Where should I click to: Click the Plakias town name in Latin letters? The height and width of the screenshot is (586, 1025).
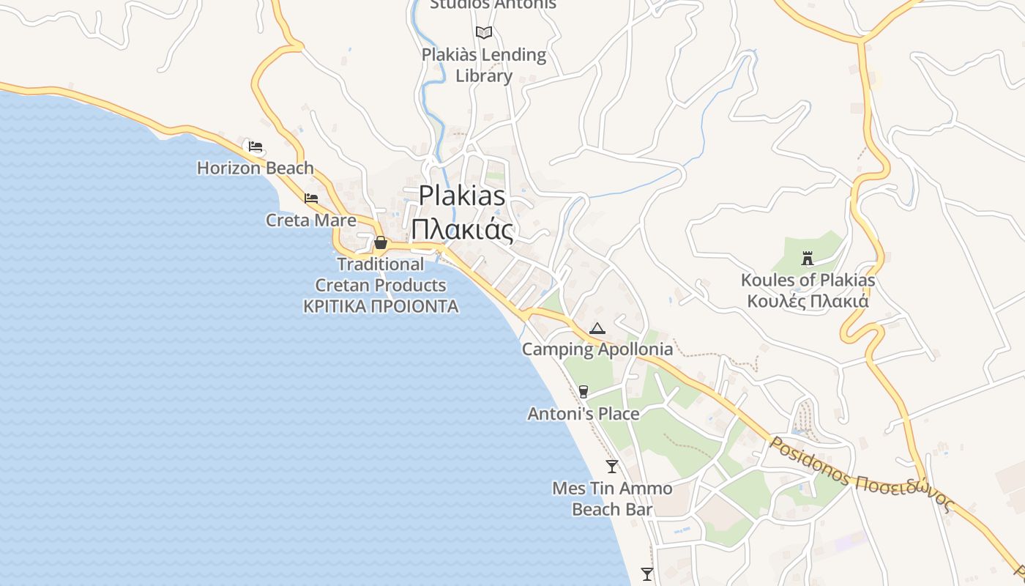tap(462, 196)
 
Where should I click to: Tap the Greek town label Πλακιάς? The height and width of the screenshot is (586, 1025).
tap(462, 229)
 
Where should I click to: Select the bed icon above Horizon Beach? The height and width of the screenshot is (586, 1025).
tap(255, 146)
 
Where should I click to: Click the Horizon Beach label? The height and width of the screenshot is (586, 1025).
tap(255, 168)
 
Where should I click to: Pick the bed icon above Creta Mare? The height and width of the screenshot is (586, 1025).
tap(311, 199)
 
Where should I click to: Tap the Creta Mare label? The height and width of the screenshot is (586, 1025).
tap(311, 220)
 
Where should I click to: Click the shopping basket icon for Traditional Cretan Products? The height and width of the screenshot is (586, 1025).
tap(381, 242)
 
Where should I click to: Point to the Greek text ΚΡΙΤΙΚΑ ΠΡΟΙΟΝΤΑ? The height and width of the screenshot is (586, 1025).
tap(381, 306)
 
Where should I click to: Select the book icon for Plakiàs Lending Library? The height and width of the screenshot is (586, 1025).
tap(484, 32)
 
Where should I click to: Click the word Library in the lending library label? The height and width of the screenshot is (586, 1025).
tap(484, 75)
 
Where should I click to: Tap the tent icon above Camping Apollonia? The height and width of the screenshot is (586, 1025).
tap(597, 328)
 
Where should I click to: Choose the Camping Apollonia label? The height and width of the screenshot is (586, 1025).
tap(597, 349)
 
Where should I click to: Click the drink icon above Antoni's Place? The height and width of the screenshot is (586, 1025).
tap(584, 392)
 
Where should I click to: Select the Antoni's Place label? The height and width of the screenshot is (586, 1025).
tap(584, 414)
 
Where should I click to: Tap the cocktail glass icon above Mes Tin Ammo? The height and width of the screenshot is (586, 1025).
tap(612, 466)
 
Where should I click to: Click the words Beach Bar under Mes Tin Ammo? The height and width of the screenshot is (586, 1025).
tap(612, 509)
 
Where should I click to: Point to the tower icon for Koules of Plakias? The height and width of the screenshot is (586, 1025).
tap(808, 259)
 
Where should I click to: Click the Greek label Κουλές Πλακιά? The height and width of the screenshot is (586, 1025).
tap(808, 301)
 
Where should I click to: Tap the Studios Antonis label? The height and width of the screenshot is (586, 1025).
tap(493, 4)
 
